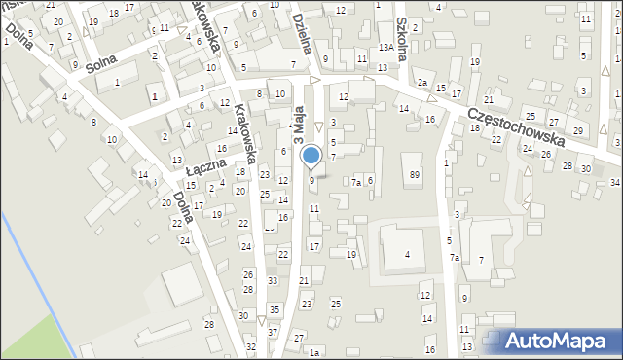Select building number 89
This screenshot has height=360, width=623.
415,174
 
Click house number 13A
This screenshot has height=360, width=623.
386,47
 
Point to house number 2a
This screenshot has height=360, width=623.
423,84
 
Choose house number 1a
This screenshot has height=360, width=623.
313,352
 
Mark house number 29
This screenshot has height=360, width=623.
577,131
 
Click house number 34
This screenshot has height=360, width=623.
615,182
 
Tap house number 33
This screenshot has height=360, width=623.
272,281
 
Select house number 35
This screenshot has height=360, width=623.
275,309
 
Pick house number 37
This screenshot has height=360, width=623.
274,333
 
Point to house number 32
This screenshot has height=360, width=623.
251,346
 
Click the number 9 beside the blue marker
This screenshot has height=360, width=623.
311,180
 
